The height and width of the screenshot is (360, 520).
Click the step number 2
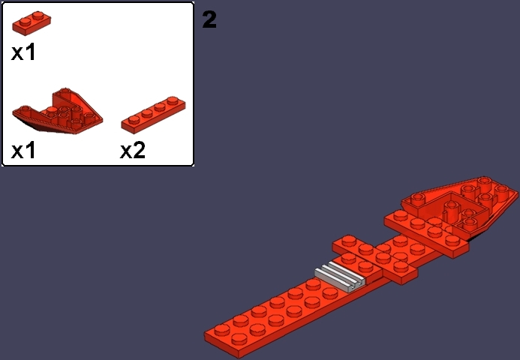(209, 19)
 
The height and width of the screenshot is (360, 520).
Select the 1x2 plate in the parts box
(32, 22)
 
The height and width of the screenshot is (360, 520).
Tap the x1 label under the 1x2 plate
(23, 52)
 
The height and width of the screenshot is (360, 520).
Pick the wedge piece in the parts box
(58, 111)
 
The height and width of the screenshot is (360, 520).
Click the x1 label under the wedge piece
(23, 151)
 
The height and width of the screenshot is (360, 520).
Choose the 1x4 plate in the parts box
(154, 115)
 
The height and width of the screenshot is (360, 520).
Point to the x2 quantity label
(133, 151)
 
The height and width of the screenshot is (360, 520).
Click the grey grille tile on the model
(340, 277)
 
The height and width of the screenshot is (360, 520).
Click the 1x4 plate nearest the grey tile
(375, 259)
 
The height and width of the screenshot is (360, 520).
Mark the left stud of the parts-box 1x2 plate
(25, 22)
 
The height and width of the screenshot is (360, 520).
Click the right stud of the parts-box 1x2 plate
(38, 15)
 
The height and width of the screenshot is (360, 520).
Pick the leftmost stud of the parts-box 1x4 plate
(134, 120)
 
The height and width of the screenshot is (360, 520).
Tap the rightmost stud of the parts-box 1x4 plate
(173, 100)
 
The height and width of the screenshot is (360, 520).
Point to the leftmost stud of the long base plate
(222, 330)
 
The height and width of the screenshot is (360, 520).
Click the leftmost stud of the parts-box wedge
(25, 109)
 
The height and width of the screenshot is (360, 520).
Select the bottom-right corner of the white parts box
(193, 165)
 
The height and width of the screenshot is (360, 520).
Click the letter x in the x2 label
(126, 152)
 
